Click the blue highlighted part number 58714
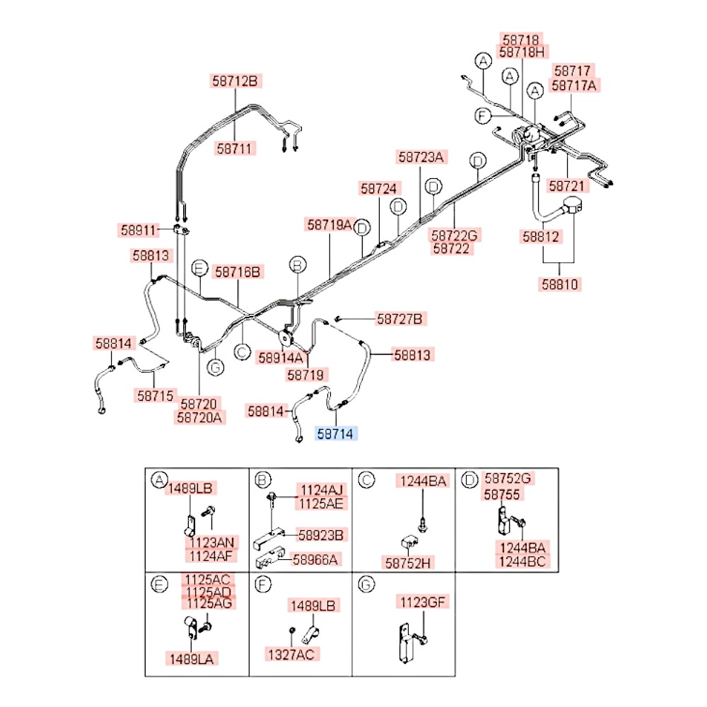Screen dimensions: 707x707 [x=337, y=433]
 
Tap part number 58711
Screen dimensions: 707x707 [x=236, y=148]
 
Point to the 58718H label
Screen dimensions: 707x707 [x=522, y=52]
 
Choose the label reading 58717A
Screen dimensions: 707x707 [x=575, y=86]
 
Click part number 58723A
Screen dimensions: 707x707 [x=421, y=158]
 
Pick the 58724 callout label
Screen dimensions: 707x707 [x=380, y=189]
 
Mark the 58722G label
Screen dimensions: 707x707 [x=455, y=235]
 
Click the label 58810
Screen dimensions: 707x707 [x=561, y=285]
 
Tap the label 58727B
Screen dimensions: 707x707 [x=399, y=320]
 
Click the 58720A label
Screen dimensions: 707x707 [x=199, y=417]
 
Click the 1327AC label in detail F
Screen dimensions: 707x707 [x=289, y=654]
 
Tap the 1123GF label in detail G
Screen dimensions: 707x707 [x=424, y=602]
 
